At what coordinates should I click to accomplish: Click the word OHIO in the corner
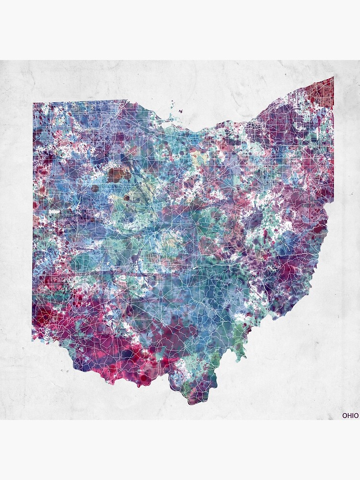coord(350,415)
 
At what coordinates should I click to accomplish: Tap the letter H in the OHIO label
coord(348,415)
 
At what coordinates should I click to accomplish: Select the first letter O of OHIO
coord(344,415)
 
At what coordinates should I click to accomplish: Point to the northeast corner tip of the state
coord(333,77)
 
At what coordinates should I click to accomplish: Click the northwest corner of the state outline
coord(33,103)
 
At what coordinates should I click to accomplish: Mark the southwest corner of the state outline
coord(33,340)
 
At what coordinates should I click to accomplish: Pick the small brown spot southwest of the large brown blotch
coord(95,188)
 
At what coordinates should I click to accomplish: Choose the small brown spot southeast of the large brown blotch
coord(127,197)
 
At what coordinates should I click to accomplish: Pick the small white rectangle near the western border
coord(54,211)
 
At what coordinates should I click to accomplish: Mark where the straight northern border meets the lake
coord(127,100)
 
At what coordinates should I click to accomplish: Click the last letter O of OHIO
coord(356,415)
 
